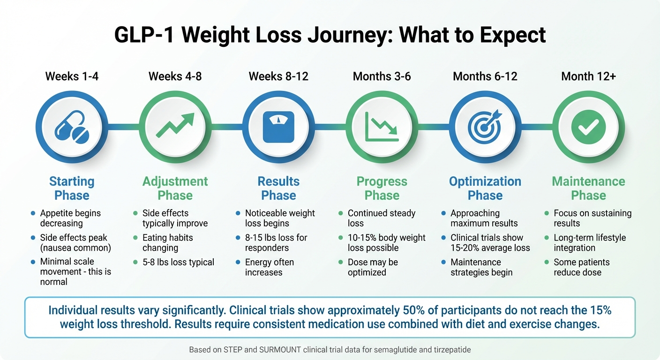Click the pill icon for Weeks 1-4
pos(72,127)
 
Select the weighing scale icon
pos(278,127)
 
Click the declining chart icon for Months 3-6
pos(382,127)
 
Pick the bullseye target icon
pos(485,127)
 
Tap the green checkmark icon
pos(588,127)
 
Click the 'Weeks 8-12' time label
pos(278,76)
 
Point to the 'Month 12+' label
pos(588,76)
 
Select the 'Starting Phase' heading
pos(72,188)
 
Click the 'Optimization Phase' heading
pos(485,188)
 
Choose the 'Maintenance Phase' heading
pos(588,188)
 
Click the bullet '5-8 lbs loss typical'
pos(178,262)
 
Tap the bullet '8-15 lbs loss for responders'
pos(276,243)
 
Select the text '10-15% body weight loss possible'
pos(386,243)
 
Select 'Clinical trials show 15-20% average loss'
pos(490,243)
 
